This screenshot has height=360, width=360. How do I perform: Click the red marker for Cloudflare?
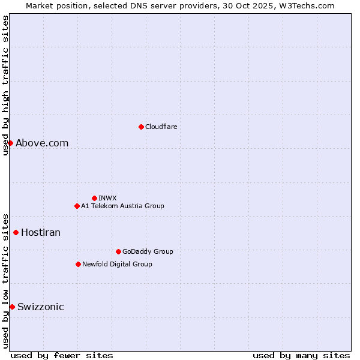(141, 127)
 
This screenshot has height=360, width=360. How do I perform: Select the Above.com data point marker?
(10, 143)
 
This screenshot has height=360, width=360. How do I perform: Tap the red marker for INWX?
(94, 198)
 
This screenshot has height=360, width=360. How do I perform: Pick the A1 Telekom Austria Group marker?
(77, 206)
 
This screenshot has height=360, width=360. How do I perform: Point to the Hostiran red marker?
(16, 232)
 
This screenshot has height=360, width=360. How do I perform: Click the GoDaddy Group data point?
(118, 251)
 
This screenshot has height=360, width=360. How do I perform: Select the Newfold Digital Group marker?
(78, 264)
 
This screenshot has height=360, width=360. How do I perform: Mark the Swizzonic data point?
(12, 307)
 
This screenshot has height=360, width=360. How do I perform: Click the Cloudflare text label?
(161, 127)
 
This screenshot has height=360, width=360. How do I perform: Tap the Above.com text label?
(42, 143)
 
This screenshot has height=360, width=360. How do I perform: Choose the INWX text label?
(107, 198)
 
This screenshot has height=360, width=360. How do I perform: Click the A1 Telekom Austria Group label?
(122, 206)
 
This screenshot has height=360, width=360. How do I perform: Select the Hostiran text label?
(41, 232)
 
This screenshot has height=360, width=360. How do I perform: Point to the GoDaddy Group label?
(148, 251)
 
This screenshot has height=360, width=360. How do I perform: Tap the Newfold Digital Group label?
(117, 264)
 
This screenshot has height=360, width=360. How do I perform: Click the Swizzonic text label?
(41, 307)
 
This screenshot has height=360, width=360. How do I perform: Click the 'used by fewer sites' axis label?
(62, 355)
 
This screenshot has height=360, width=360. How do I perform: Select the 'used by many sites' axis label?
(301, 355)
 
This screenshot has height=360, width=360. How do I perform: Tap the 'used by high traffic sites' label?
(5, 86)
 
